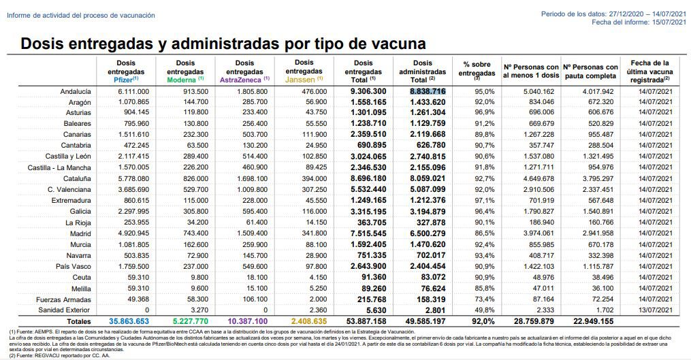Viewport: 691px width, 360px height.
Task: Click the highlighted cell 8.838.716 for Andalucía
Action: pyautogui.click(x=427, y=91)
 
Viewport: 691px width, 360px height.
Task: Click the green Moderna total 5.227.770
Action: pyautogui.click(x=186, y=321)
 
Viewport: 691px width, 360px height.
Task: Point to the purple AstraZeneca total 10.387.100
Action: pyautogui.click(x=244, y=321)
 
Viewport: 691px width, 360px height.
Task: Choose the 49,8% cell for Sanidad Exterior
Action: pyautogui.click(x=484, y=309)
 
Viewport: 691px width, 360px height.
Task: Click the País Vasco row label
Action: pyautogui.click(x=72, y=265)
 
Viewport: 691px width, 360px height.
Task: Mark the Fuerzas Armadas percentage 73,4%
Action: pyautogui.click(x=484, y=298)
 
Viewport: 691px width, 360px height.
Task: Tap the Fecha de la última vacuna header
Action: pyautogui.click(x=650, y=71)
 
